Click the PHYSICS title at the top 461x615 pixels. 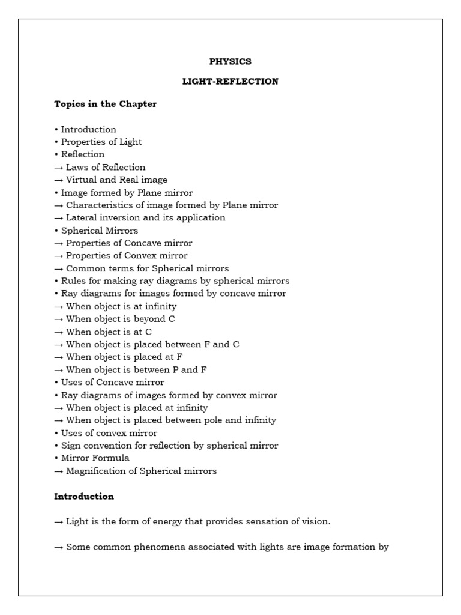[230, 62]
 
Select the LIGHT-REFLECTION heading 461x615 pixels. [230, 82]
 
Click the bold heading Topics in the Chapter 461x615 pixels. [105, 104]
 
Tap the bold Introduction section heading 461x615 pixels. [83, 497]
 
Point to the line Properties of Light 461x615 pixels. [101, 142]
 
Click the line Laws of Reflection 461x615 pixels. [105, 167]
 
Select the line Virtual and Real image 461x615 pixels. [116, 180]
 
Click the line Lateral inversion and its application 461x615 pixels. [145, 217]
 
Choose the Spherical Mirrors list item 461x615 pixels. [99, 231]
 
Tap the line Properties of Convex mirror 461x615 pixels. [126, 256]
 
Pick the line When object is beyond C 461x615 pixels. [120, 319]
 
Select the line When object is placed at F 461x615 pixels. [124, 357]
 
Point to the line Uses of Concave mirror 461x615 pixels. [112, 382]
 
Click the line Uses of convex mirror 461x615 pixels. [109, 433]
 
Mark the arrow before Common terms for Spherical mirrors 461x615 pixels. [59, 268]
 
